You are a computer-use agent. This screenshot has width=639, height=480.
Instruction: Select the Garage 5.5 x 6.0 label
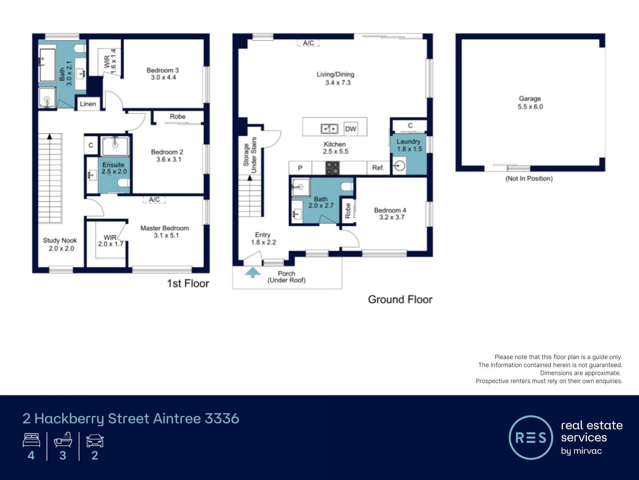click(530, 103)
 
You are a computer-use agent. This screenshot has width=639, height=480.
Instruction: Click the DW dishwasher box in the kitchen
click(350, 129)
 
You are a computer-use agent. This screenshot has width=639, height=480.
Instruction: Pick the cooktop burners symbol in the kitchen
click(332, 168)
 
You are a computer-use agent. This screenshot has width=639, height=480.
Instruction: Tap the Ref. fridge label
click(378, 168)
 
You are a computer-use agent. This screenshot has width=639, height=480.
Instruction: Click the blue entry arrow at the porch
click(253, 272)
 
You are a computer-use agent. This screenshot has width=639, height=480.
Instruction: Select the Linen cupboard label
click(88, 104)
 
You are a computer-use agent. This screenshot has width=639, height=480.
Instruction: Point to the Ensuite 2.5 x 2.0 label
click(114, 168)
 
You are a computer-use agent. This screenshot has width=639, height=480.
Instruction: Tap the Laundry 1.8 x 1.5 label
click(409, 145)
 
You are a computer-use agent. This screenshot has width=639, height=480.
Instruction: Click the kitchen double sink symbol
click(329, 129)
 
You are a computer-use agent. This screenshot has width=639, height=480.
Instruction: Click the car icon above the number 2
click(95, 441)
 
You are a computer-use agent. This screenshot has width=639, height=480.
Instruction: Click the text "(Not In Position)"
click(529, 179)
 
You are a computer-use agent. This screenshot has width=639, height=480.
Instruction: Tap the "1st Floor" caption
click(188, 283)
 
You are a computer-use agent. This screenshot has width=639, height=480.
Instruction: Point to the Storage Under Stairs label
click(250, 155)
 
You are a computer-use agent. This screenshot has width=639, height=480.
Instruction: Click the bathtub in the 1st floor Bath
click(48, 65)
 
